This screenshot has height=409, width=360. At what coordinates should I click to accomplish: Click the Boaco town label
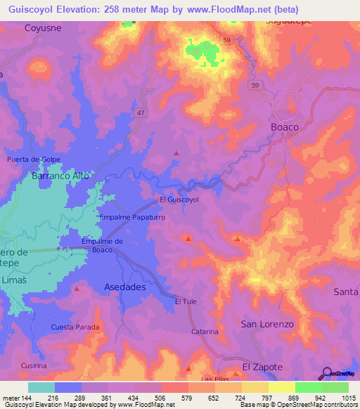coord(285,127)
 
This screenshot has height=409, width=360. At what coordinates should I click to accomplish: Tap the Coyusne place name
coord(44,28)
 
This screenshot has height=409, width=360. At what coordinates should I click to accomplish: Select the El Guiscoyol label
coord(179,200)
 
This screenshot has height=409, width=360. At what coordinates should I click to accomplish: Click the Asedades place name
coord(124,287)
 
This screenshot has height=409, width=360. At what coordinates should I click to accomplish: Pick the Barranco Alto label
coord(60,176)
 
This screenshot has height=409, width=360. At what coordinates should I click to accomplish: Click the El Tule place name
coord(185,301)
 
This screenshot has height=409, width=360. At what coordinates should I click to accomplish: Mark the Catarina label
coord(205,331)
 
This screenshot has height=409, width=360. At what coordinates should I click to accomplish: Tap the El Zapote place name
coord(262,367)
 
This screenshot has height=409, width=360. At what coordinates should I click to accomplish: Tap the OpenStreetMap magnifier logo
coord(326,373)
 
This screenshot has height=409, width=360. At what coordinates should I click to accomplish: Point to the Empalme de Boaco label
coord(103,245)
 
